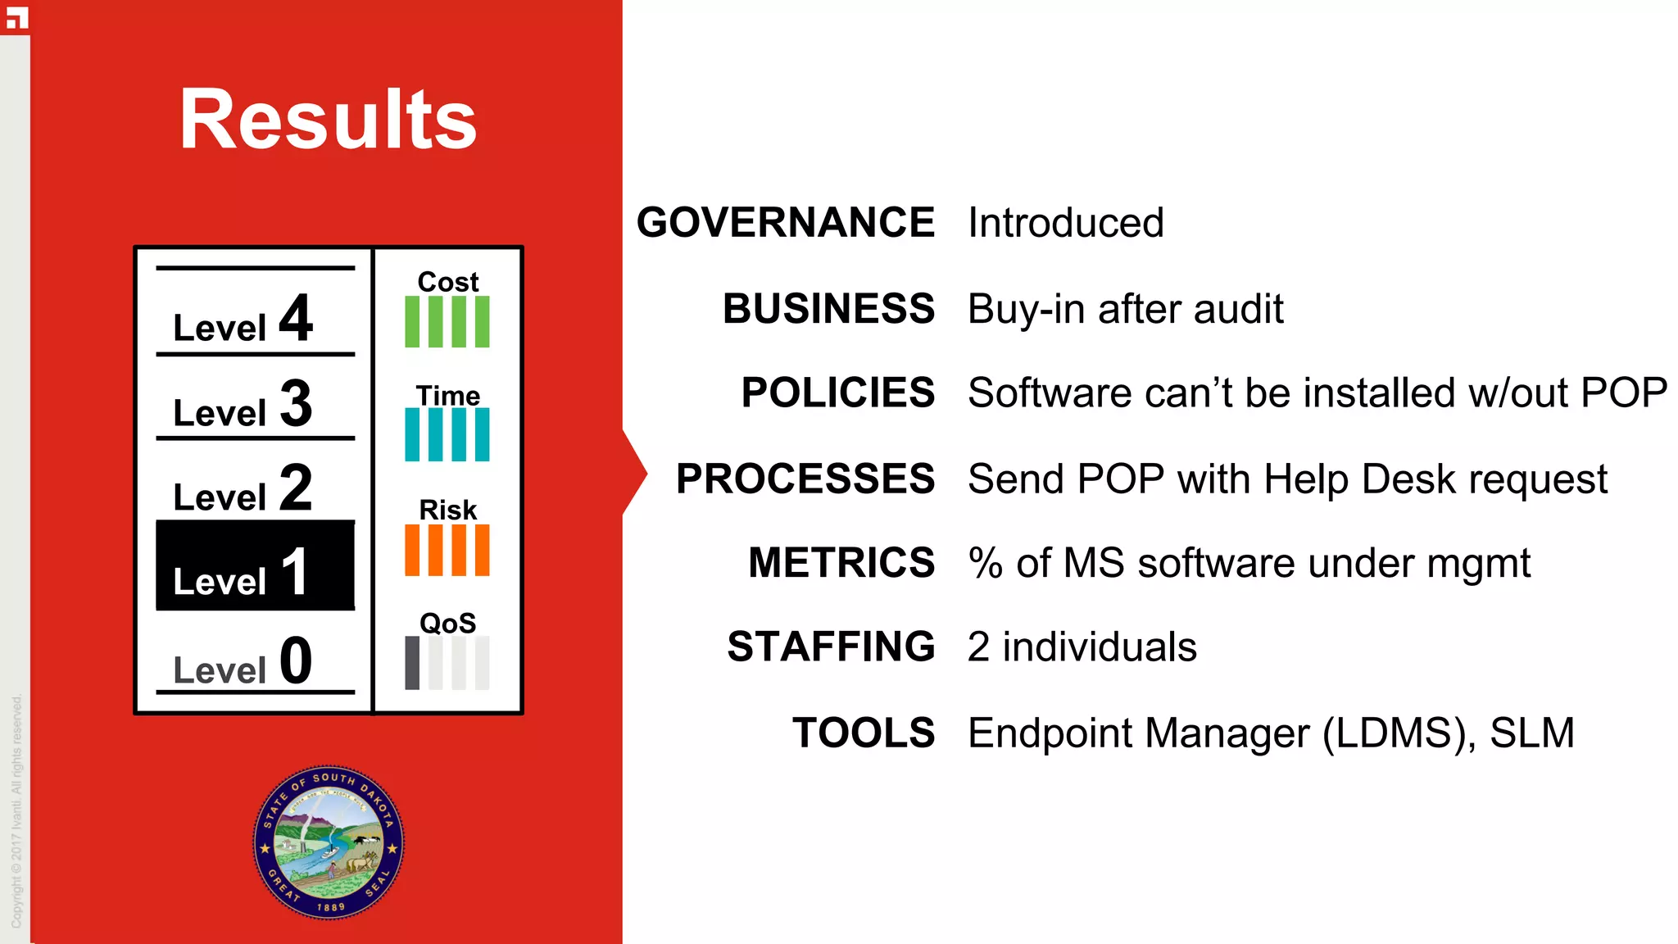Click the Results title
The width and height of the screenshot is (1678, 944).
click(x=328, y=120)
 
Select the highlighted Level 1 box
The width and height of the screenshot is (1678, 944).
click(x=255, y=566)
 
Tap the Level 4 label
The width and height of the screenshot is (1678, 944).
click(x=243, y=319)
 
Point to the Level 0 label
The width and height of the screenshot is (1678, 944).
click(x=243, y=661)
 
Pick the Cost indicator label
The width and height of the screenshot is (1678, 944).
click(x=447, y=282)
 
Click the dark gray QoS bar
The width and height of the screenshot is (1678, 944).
click(x=412, y=663)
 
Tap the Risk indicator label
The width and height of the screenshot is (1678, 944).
click(x=447, y=510)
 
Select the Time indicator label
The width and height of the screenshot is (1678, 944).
click(x=447, y=396)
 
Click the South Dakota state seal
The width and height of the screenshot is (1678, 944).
click(x=329, y=842)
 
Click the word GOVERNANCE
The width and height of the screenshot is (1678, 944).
click(x=786, y=223)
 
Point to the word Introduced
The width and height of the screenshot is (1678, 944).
click(x=1065, y=223)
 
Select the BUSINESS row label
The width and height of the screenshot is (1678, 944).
click(x=828, y=309)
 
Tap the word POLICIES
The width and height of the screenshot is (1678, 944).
click(x=837, y=393)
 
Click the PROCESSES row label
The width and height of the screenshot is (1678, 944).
click(x=805, y=479)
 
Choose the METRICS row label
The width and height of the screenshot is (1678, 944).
click(x=841, y=563)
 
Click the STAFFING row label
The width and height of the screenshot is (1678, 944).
click(x=831, y=647)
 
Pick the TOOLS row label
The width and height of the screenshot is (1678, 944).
click(x=863, y=733)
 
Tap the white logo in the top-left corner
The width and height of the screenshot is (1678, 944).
click(x=16, y=17)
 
